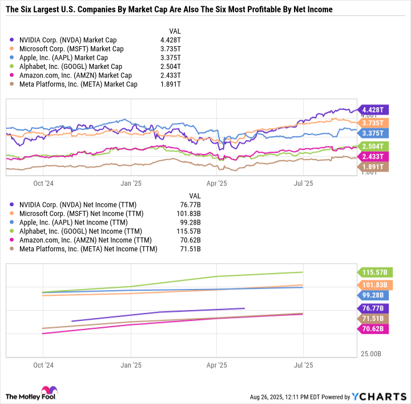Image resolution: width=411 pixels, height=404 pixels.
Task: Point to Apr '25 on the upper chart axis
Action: pyautogui.click(x=217, y=183)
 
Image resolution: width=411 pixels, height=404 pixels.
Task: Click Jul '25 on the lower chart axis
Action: pyautogui.click(x=303, y=365)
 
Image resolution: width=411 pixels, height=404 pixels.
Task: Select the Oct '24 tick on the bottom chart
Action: pyautogui.click(x=43, y=365)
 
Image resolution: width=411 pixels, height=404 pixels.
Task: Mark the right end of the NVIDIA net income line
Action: pyautogui.click(x=244, y=308)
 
